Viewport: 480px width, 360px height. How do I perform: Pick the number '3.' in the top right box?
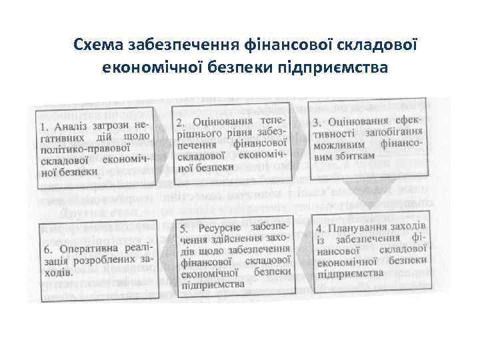click(x=317, y=123)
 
